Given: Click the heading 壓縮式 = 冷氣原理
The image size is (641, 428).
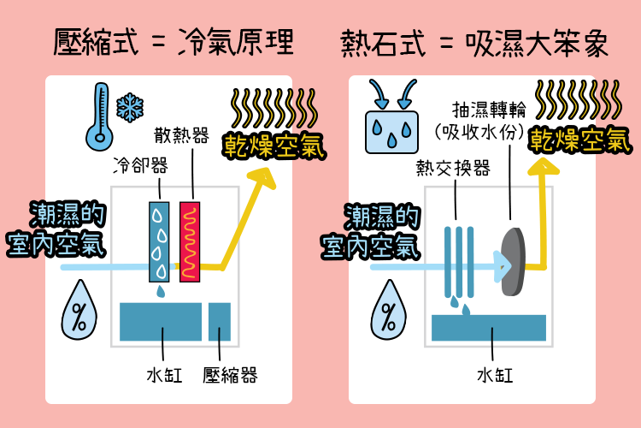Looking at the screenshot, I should pyautogui.click(x=173, y=40).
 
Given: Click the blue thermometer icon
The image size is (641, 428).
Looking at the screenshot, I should pyautogui.click(x=98, y=116).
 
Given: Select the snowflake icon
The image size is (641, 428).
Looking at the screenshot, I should pyautogui.click(x=129, y=107).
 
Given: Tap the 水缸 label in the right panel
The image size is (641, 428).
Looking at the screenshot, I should pyautogui.click(x=494, y=376).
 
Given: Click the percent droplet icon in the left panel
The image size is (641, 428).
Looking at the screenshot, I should pyautogui.click(x=79, y=312).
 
